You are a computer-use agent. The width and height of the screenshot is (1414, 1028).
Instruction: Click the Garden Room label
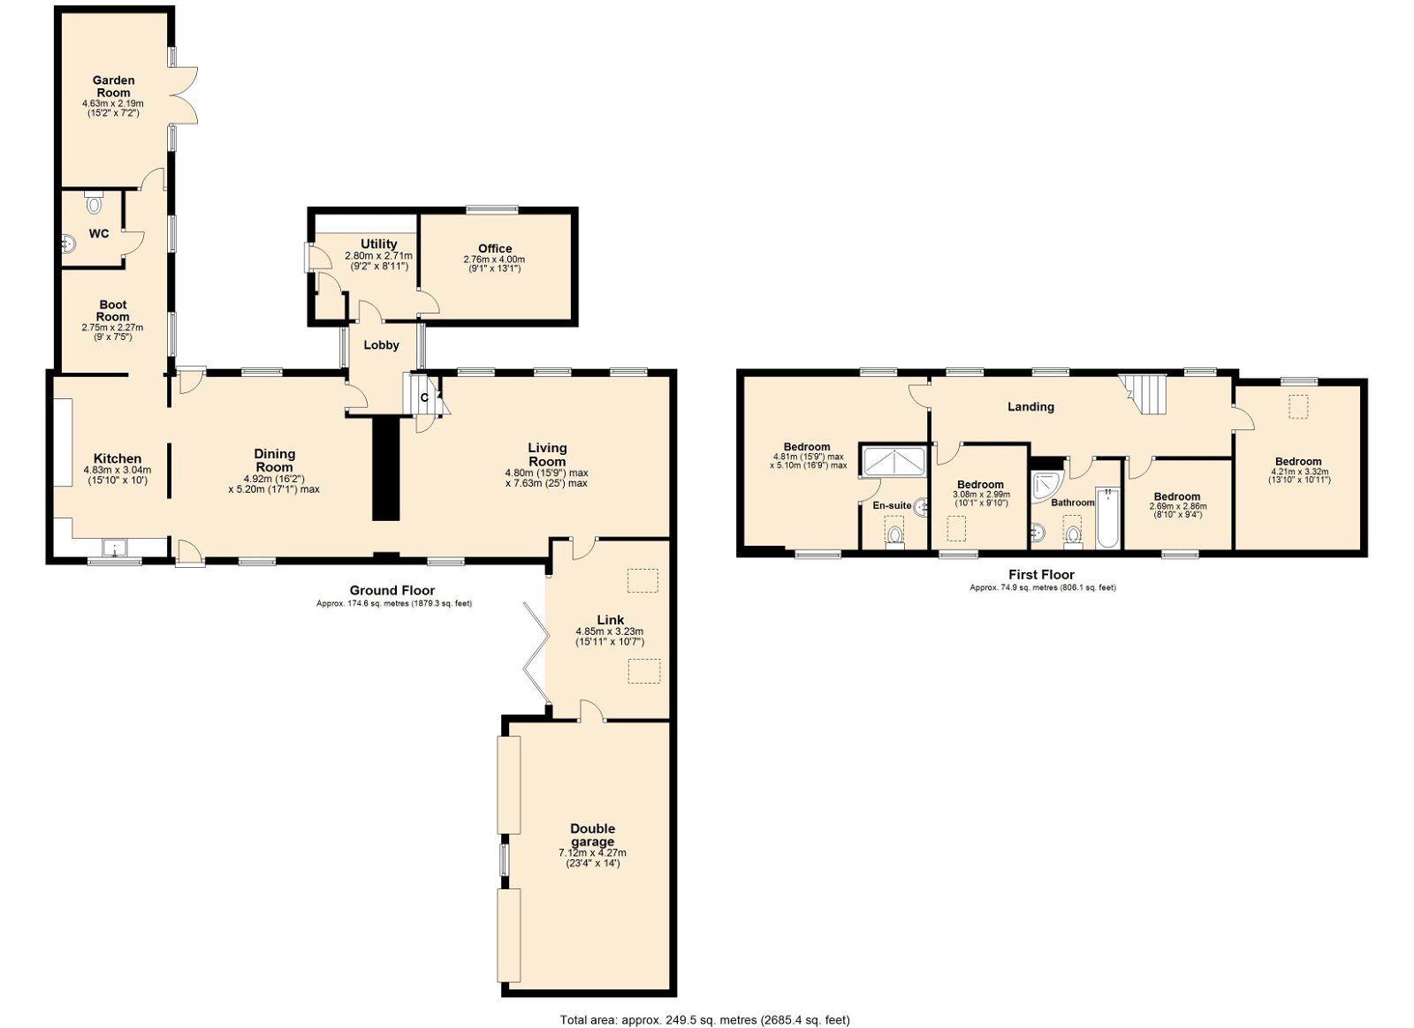click(114, 87)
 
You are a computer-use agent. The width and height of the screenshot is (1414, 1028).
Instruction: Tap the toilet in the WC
click(94, 202)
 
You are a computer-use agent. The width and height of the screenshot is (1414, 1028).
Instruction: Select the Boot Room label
click(113, 311)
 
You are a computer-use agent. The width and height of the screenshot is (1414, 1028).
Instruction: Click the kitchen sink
click(114, 548)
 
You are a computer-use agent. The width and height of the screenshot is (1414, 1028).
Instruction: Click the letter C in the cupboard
click(424, 398)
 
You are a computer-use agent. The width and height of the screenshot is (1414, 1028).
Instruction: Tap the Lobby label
click(381, 345)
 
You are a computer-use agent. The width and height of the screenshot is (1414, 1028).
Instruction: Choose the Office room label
click(495, 248)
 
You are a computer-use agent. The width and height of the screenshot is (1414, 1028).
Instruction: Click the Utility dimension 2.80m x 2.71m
click(378, 256)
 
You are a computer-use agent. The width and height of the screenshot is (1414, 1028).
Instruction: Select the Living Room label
click(547, 454)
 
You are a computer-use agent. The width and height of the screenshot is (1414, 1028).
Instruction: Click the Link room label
click(611, 620)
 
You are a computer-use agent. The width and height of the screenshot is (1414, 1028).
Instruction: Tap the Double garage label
click(592, 835)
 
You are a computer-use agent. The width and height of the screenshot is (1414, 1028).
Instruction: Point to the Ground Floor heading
click(392, 590)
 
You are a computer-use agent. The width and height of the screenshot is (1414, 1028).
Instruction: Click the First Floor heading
click(1042, 575)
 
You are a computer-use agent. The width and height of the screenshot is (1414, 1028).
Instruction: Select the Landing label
click(1030, 407)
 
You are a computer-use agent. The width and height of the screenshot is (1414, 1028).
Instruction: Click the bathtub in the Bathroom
click(1108, 518)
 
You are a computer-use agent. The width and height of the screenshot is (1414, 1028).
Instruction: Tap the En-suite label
click(892, 505)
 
